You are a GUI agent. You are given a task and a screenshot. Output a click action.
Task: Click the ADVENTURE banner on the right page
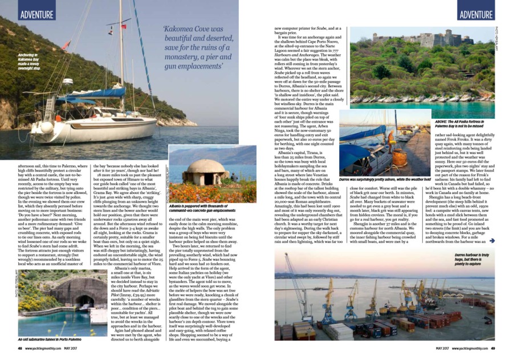(x=476, y=14)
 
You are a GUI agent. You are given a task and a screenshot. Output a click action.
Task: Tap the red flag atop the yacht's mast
(x=66, y=44)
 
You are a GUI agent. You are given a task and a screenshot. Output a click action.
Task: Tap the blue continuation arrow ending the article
(x=491, y=241)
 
